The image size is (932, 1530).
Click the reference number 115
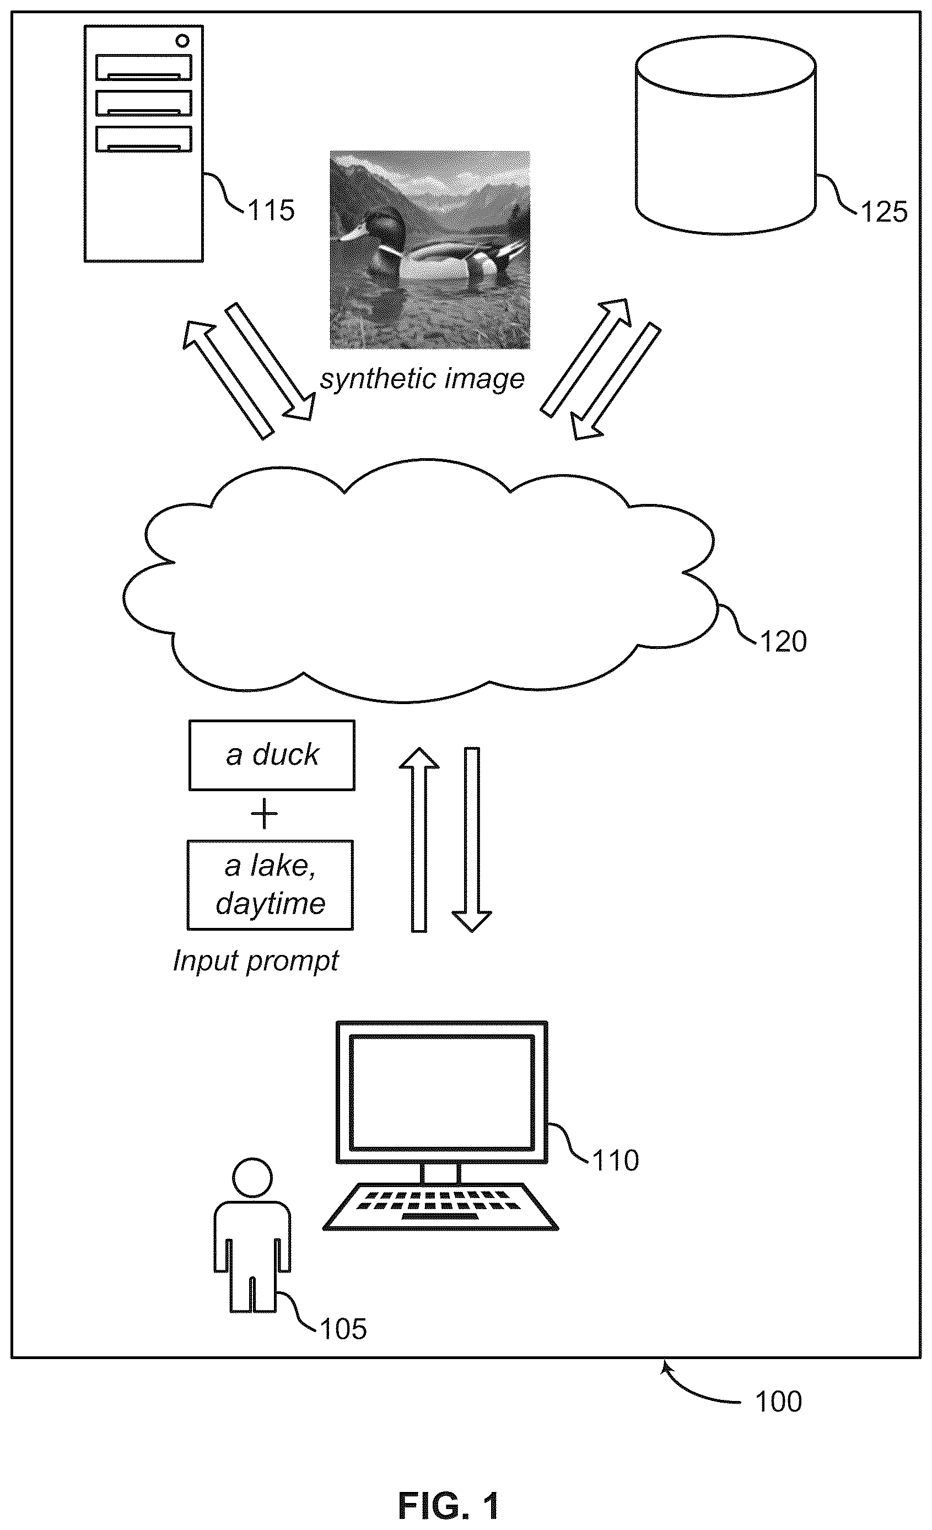[x=271, y=211]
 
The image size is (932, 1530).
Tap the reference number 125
[x=884, y=212]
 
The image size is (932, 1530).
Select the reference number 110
[x=615, y=1161]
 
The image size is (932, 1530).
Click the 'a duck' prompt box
[x=272, y=755]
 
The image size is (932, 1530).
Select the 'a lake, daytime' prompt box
[x=270, y=885]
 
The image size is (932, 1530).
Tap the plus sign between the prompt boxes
[x=264, y=813]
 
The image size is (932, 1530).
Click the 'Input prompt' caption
[x=256, y=961]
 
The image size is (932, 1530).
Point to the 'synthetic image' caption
[x=422, y=379]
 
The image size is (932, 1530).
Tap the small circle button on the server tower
[x=182, y=41]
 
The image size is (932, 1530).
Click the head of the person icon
[x=252, y=1177]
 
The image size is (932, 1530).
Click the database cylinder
[x=725, y=135]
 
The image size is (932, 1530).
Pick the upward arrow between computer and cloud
[x=419, y=840]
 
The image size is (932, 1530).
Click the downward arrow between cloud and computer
[x=472, y=840]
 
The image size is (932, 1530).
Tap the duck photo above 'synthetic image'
[x=430, y=250]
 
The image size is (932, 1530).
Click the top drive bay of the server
[x=143, y=68]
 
